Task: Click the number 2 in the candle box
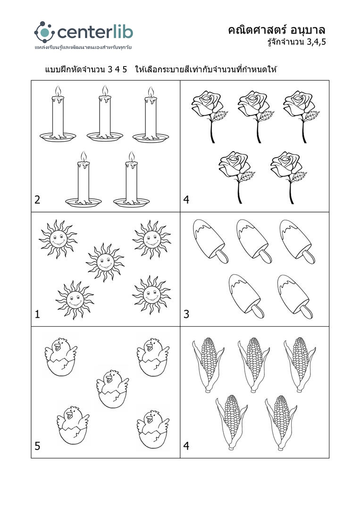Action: tap(37, 199)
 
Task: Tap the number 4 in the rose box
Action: tap(186, 199)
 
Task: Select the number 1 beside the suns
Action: tap(37, 314)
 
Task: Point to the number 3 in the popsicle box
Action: tap(186, 314)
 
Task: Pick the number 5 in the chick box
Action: tap(37, 446)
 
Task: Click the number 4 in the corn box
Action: tap(186, 446)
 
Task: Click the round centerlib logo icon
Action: tap(44, 32)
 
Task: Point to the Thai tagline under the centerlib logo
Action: tap(83, 48)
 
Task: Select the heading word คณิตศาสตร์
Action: tap(257, 30)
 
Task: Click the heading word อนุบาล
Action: tap(308, 31)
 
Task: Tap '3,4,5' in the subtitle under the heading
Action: tap(316, 42)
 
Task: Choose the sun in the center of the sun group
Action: tap(105, 262)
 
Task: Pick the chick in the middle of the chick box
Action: tap(112, 388)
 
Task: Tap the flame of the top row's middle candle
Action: tap(105, 90)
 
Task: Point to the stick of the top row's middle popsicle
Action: tap(266, 257)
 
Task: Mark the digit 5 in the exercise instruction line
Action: tap(125, 69)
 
